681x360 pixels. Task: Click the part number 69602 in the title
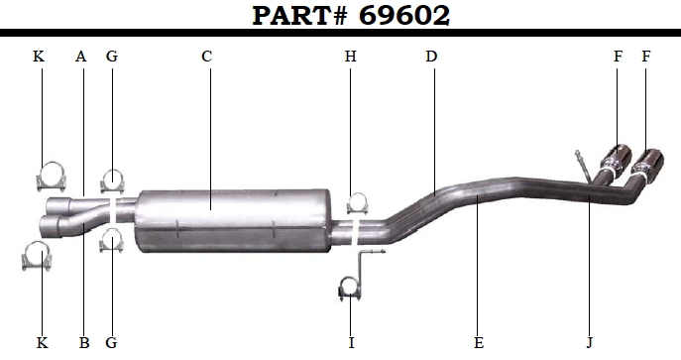403,16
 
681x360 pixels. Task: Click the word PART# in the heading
300,16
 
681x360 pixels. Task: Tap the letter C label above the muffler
207,57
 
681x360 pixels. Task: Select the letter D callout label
431,57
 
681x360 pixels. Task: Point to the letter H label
351,57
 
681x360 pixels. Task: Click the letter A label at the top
80,57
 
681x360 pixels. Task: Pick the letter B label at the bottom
84,343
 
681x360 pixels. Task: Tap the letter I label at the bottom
351,343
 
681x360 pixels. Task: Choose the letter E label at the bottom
479,343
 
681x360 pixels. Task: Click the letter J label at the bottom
590,343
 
